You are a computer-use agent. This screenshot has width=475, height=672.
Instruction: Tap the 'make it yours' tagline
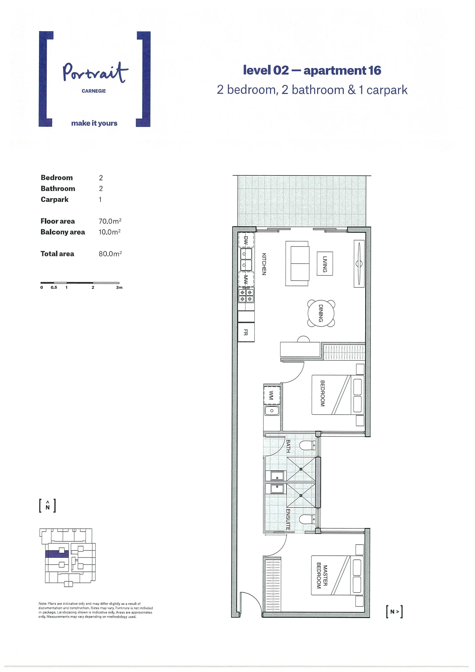[94, 123]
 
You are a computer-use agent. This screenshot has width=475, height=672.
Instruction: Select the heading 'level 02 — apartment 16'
[312, 70]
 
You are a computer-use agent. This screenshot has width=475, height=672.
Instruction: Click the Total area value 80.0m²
[110, 253]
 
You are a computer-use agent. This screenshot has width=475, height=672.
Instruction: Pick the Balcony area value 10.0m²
[110, 232]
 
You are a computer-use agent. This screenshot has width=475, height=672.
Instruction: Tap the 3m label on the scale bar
[119, 287]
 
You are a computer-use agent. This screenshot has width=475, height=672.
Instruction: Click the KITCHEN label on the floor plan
[264, 264]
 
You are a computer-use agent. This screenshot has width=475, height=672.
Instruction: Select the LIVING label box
[325, 263]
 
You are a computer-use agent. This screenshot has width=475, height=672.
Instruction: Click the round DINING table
[321, 313]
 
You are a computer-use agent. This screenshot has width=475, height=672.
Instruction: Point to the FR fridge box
[246, 332]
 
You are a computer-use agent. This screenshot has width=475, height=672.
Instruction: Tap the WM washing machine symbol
[272, 396]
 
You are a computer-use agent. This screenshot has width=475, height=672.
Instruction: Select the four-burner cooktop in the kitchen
[246, 295]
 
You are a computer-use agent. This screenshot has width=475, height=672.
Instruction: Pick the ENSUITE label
[288, 520]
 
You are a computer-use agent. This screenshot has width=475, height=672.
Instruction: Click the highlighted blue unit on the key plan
[57, 553]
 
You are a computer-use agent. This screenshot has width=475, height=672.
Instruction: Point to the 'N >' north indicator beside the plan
[394, 612]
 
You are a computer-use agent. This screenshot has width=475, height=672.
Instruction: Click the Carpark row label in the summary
[54, 199]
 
